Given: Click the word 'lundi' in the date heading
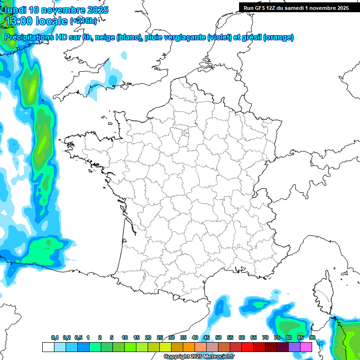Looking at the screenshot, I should click(15, 10).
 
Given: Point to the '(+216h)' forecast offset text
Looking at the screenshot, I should click(84, 21).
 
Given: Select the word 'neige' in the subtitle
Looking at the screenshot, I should click(105, 37).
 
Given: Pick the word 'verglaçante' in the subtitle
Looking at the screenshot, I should click(186, 37).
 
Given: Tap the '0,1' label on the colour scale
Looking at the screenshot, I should click(54, 338).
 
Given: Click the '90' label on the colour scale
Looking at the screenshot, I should click(312, 338).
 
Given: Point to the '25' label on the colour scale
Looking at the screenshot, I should click(160, 338).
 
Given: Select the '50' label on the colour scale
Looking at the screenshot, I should click(218, 338).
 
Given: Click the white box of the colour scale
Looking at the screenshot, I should click(48, 347).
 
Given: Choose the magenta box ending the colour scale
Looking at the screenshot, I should click(306, 347).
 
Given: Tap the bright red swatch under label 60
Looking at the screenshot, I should click(247, 347).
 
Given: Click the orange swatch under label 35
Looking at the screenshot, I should click(189, 347).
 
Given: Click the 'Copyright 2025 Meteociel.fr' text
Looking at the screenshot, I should click(199, 357).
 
